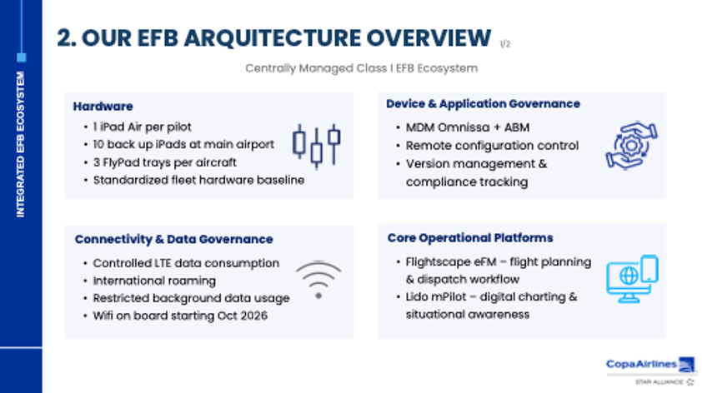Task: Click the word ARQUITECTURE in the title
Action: pos(272,38)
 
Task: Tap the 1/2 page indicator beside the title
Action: pos(505,44)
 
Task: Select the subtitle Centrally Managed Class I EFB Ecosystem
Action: pos(361,68)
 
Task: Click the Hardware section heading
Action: pos(103,107)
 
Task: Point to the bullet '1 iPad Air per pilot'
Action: pos(142,127)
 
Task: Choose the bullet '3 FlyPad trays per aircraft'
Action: pos(164,162)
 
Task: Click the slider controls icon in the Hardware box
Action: pos(317,147)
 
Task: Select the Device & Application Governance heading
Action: pos(483,104)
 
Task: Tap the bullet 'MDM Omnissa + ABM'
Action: pos(468,127)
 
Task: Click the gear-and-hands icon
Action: pos(632,146)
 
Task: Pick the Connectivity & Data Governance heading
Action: pos(173,239)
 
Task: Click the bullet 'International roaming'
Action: pos(154,281)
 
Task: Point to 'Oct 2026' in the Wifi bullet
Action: pos(243,316)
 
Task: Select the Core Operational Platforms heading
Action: pos(470,238)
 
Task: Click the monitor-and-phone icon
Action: pos(632,279)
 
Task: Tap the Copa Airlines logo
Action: pos(650,365)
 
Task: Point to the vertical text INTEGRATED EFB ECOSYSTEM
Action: pos(21,144)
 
